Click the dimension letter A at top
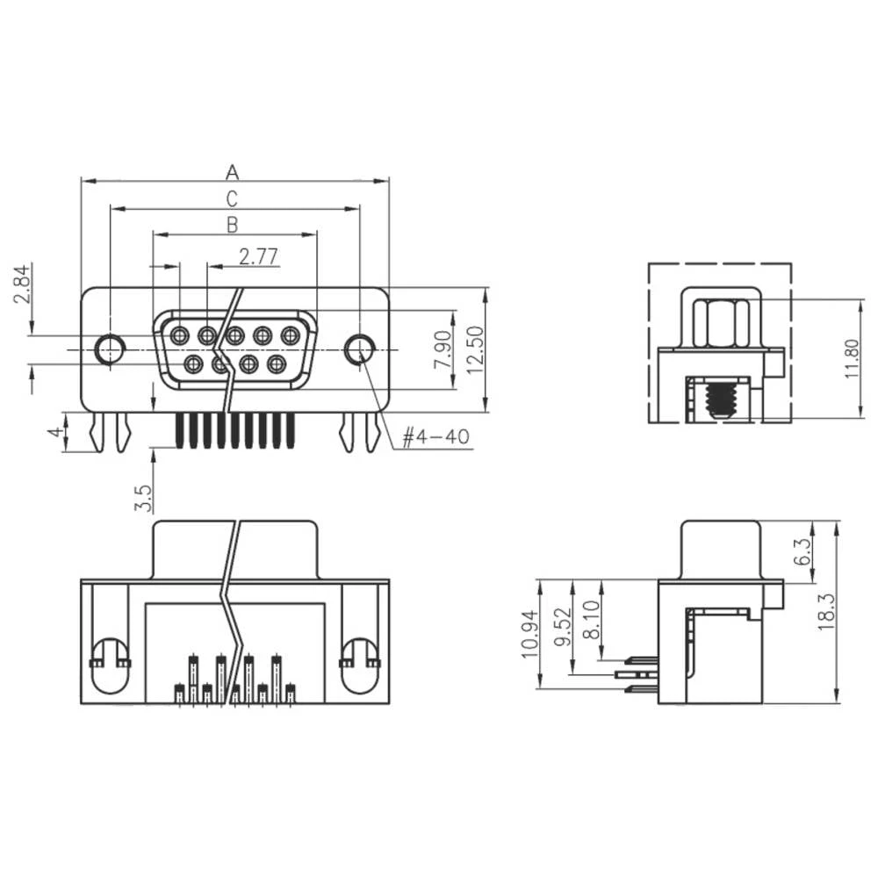[233, 170]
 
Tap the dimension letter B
[233, 224]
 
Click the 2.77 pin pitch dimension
[258, 256]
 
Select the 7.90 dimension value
[443, 349]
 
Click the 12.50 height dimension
[475, 349]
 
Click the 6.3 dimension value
[802, 551]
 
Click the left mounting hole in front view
[110, 349]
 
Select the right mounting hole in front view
[358, 349]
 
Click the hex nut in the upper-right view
[720, 323]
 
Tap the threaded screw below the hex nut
[720, 399]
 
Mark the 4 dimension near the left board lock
[54, 433]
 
